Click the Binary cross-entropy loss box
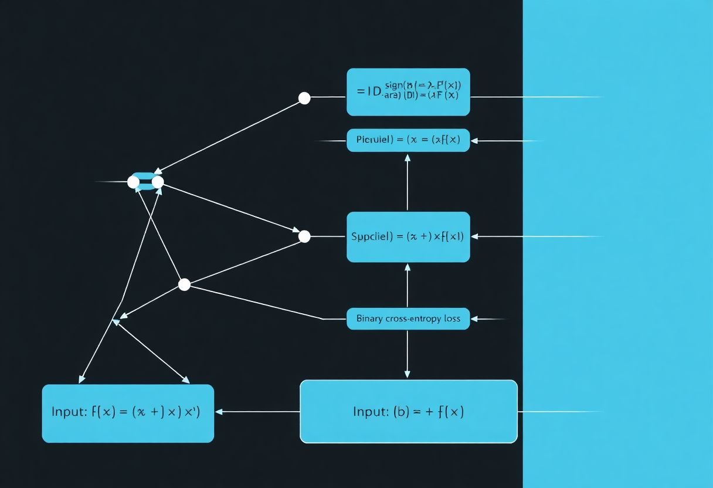(408, 318)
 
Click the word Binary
(369, 318)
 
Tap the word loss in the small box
(451, 318)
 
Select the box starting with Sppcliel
(408, 236)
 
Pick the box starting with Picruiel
(408, 140)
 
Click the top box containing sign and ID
(408, 92)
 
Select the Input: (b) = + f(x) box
(409, 411)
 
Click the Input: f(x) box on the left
(128, 413)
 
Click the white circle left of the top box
(304, 98)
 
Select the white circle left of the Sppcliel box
(304, 236)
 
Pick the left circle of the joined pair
(134, 182)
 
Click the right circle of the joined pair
(158, 182)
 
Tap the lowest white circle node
(184, 284)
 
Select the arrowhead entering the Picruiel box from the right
(474, 141)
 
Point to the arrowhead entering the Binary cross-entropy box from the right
(474, 318)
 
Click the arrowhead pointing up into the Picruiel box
(408, 157)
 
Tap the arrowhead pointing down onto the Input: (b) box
(408, 375)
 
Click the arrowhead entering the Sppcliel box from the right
(474, 236)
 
